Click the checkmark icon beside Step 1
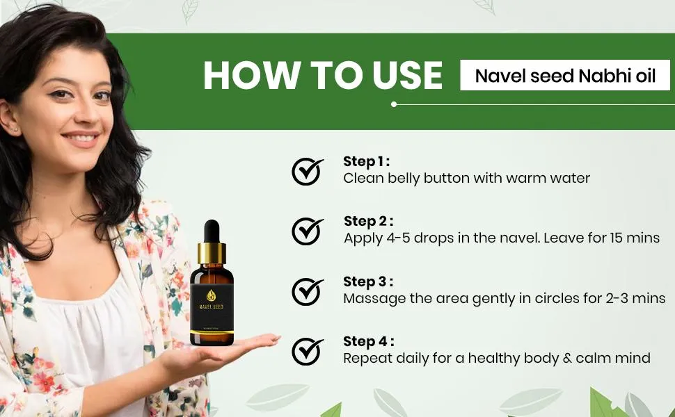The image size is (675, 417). [x=307, y=172]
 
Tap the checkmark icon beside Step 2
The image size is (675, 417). [x=307, y=231]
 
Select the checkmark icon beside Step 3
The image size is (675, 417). [x=307, y=291]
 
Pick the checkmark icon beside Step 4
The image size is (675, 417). [x=307, y=351]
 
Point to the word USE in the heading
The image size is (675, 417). [x=407, y=76]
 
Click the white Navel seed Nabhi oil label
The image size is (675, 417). [x=565, y=75]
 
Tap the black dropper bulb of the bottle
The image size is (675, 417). [x=212, y=231]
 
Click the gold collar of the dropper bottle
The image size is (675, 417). [x=212, y=254]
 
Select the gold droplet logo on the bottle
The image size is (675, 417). [x=212, y=295]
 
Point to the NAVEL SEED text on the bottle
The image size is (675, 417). [x=212, y=307]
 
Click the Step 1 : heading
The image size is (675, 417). [x=366, y=162]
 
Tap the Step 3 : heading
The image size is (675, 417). [x=368, y=282]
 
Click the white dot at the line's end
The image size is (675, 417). [x=393, y=104]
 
